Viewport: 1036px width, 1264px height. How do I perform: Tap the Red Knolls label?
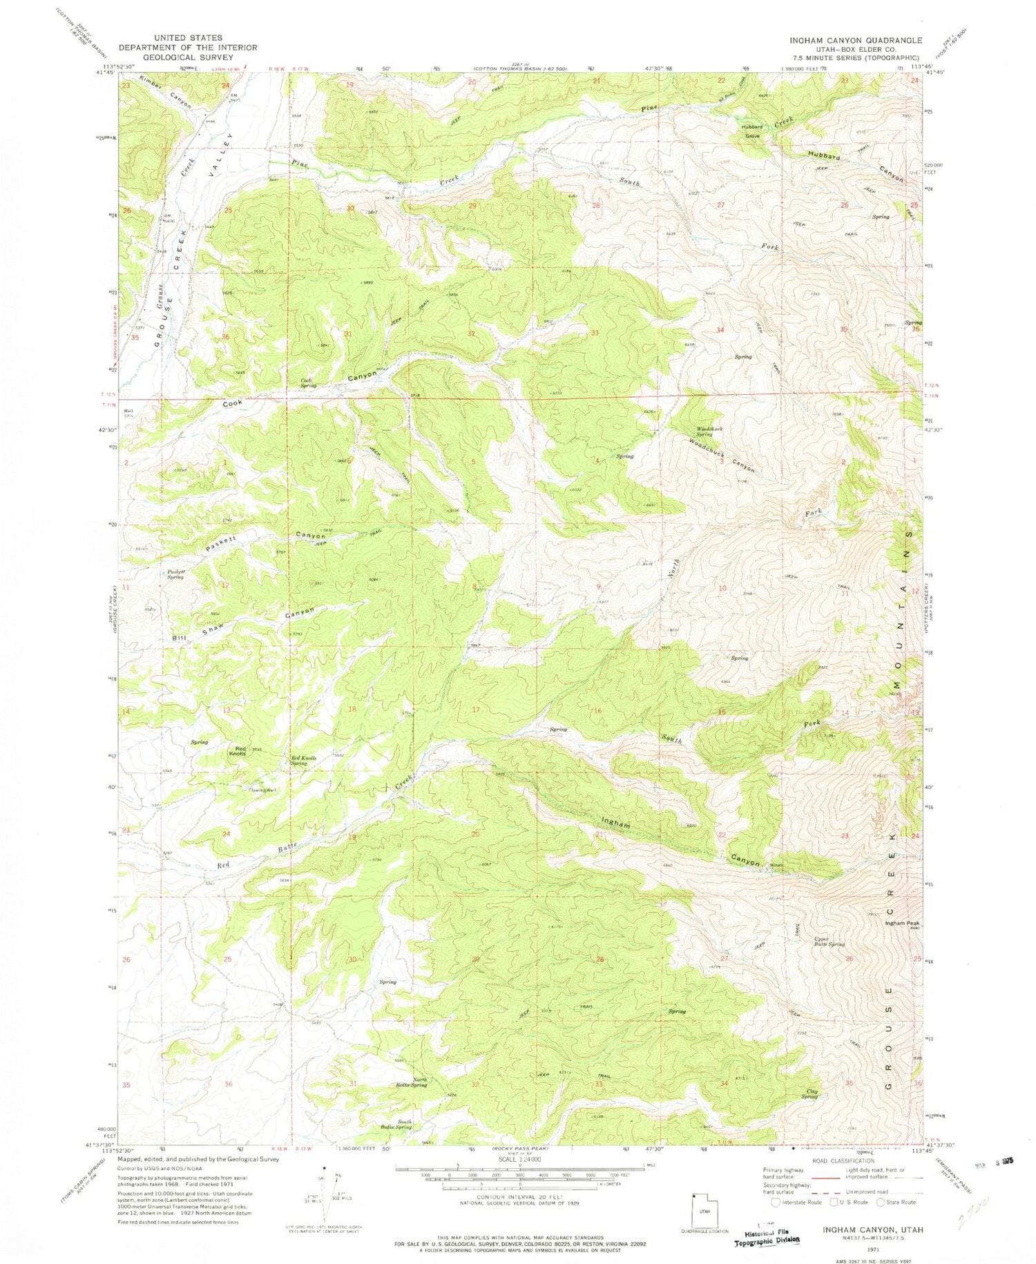[x=240, y=752]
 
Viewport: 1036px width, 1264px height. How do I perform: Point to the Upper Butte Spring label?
[x=829, y=942]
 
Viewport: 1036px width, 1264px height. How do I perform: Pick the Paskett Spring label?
[x=175, y=574]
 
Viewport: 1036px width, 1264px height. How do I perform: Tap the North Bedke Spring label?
[x=411, y=1082]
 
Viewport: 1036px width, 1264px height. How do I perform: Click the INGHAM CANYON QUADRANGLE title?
[x=855, y=40]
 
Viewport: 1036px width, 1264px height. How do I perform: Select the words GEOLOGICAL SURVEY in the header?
[x=187, y=57]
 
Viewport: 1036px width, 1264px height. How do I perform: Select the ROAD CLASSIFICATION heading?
[x=842, y=1161]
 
